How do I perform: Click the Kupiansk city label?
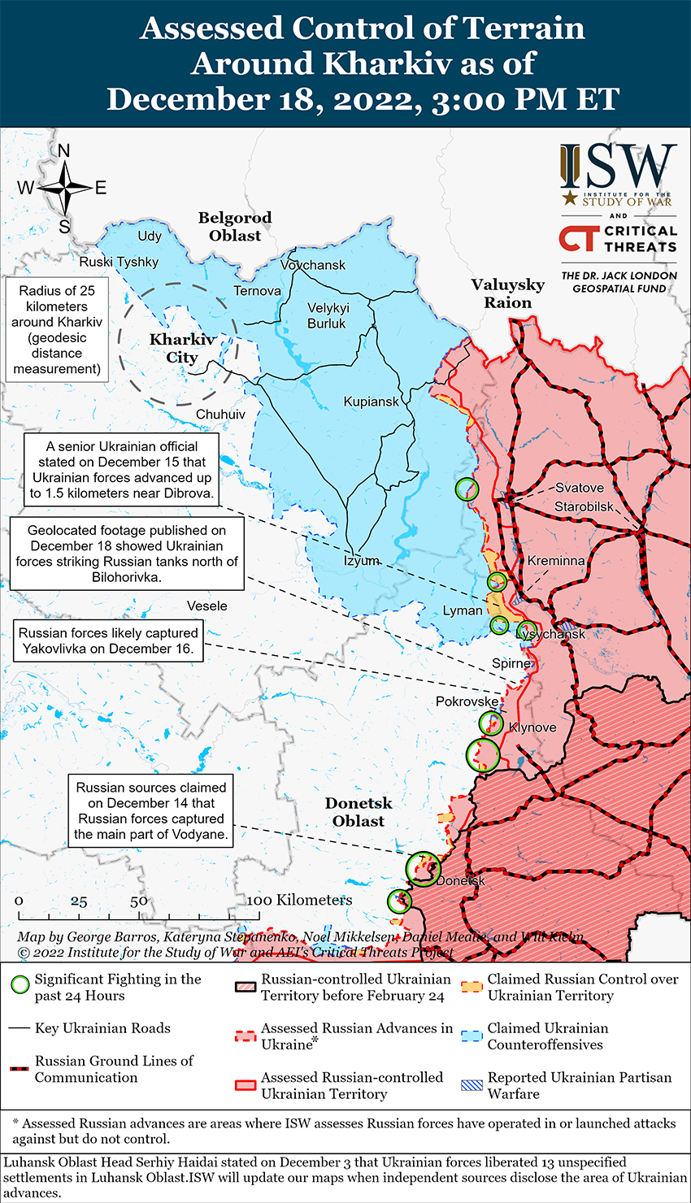click(372, 402)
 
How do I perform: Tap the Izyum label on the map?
click(361, 561)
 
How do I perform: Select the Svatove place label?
click(580, 488)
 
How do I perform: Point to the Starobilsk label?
click(585, 507)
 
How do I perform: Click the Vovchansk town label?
click(313, 265)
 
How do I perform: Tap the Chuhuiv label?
click(220, 415)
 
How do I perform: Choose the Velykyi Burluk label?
click(328, 315)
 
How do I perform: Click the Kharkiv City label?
click(182, 349)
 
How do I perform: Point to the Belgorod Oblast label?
click(235, 227)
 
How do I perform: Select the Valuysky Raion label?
click(508, 293)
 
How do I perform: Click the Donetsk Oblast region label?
click(359, 812)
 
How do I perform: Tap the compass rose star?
click(64, 188)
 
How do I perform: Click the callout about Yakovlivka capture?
click(108, 641)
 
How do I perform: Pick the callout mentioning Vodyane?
click(150, 810)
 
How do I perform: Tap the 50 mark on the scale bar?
click(139, 901)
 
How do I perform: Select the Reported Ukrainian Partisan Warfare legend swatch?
click(472, 1084)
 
